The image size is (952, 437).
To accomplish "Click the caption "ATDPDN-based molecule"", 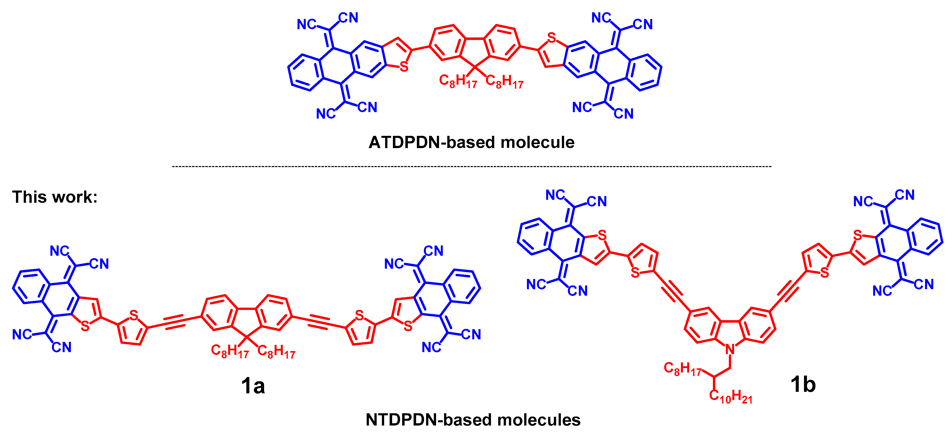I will click(x=471, y=142).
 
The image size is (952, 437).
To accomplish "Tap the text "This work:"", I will click(x=55, y=197).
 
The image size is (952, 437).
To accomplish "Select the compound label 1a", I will click(x=253, y=385).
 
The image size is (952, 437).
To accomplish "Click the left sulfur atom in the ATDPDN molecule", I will click(x=404, y=67).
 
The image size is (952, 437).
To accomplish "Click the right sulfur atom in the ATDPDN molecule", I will click(x=551, y=38).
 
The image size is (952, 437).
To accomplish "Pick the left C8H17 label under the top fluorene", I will click(x=458, y=81).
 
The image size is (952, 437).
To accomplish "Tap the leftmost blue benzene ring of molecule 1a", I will click(x=31, y=286).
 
